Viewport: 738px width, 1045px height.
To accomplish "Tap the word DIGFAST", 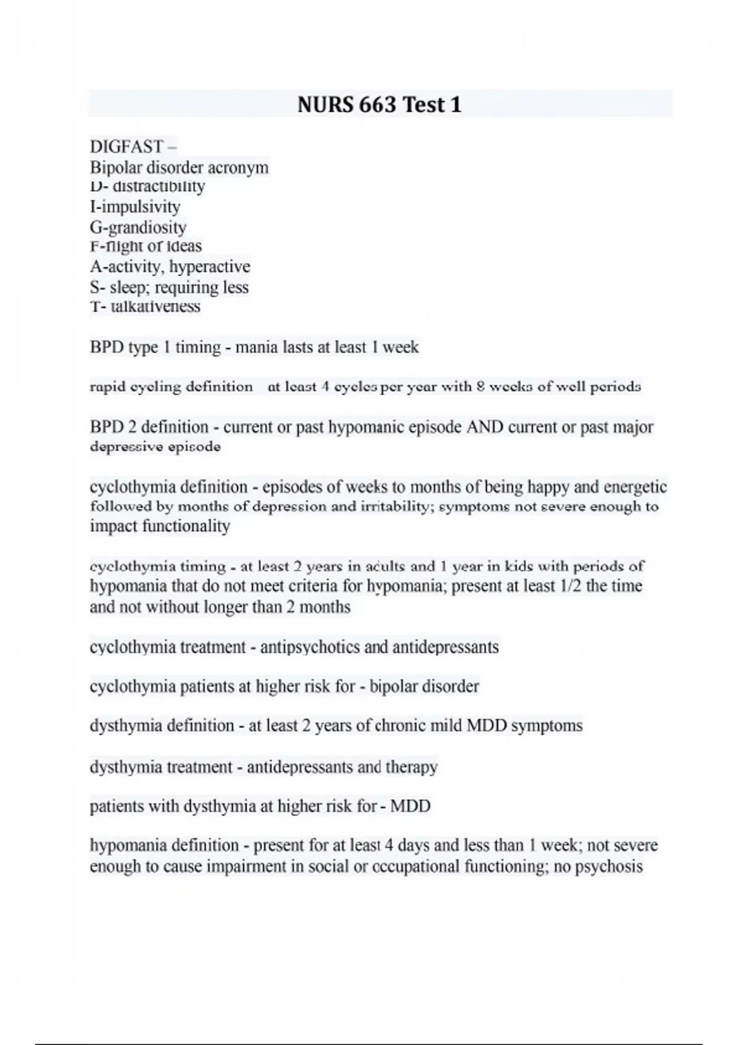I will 127,147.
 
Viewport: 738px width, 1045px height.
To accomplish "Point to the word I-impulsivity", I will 135,207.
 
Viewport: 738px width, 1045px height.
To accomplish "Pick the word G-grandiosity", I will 138,227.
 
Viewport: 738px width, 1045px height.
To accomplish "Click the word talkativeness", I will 155,306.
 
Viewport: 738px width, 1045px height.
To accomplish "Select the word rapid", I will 108,387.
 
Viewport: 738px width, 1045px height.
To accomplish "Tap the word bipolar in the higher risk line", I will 394,686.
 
